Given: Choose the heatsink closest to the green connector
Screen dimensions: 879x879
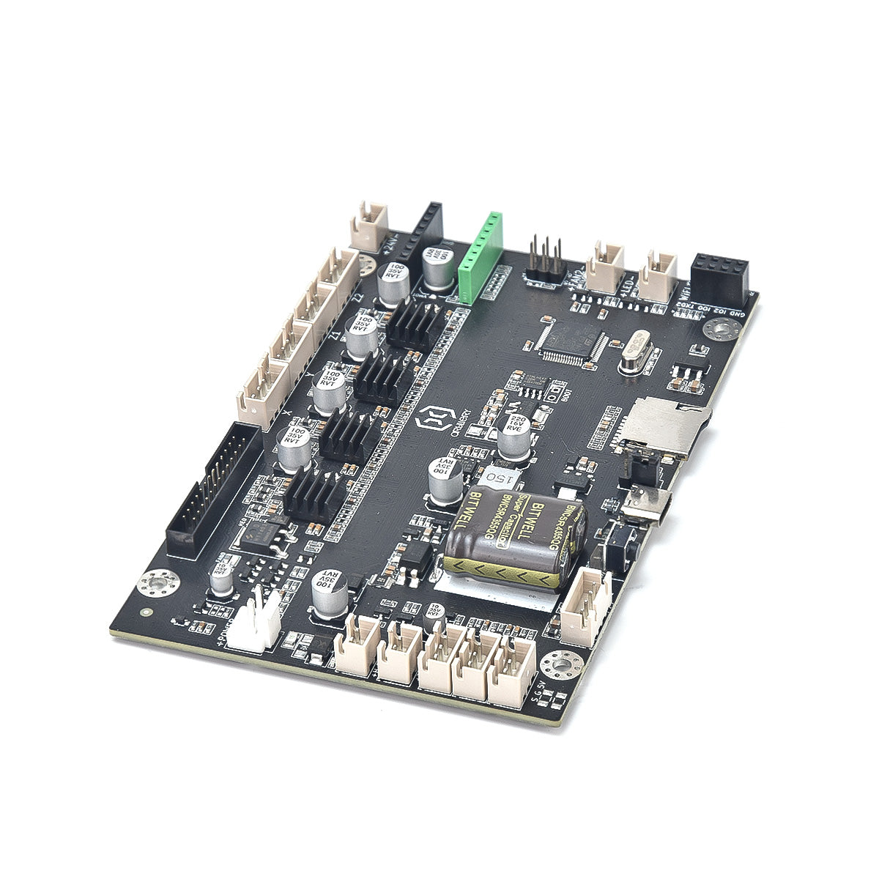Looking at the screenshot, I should tap(414, 324).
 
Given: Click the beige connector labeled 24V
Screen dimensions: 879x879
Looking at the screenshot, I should tap(371, 223).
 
